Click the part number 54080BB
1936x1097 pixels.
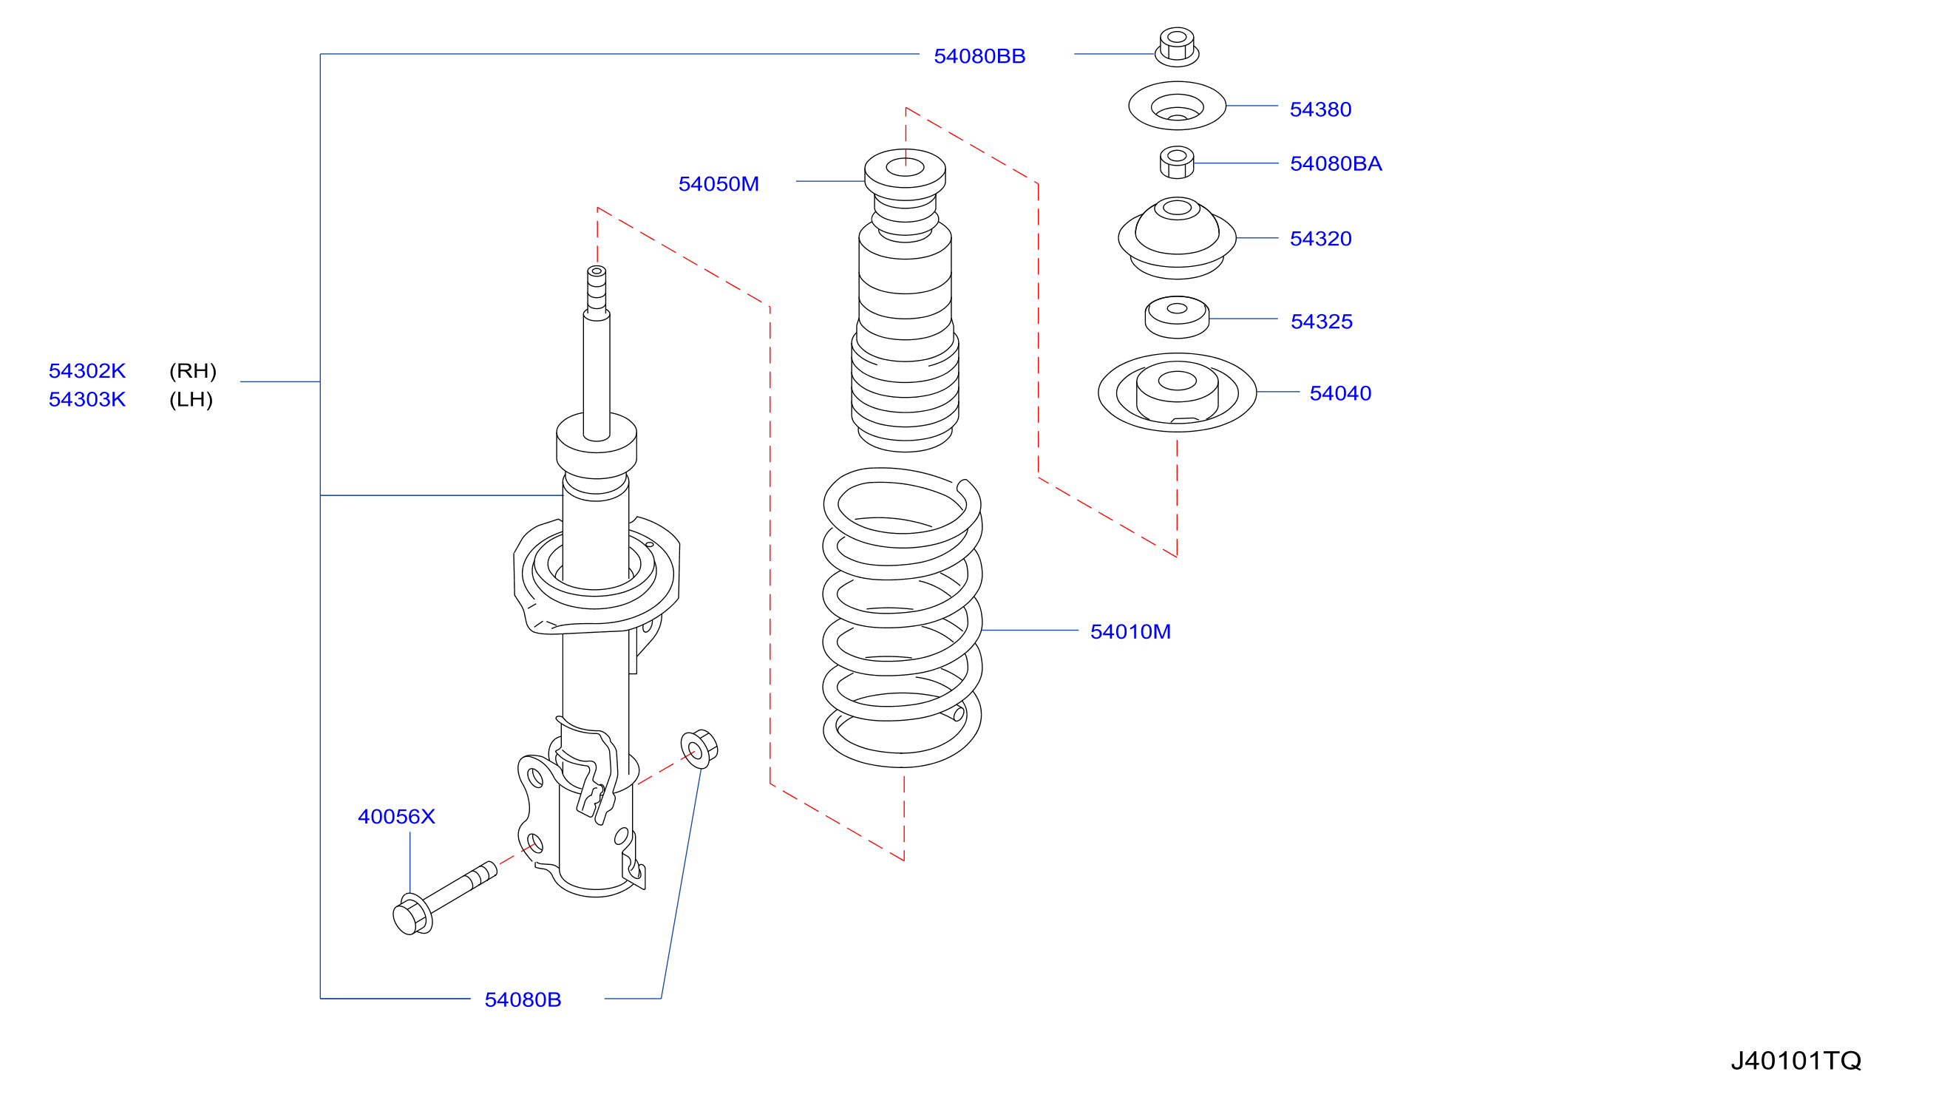coord(979,56)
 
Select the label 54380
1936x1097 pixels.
coord(1320,110)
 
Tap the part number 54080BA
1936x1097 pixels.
coord(1336,164)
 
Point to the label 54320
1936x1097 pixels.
coord(1320,239)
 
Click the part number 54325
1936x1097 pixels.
coord(1321,322)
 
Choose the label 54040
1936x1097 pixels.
coord(1340,393)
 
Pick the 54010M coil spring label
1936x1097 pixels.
coord(1130,631)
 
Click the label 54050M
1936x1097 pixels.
coord(719,184)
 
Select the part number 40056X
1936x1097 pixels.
coord(396,817)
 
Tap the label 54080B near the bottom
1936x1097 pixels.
coord(523,1000)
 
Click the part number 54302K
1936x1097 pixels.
coord(87,370)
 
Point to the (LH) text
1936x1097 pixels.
coord(191,400)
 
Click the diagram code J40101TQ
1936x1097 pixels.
coord(1795,1061)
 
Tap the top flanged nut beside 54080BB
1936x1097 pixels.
coord(1177,47)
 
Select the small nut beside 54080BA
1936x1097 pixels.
coord(1177,162)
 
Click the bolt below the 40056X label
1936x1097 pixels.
coord(444,898)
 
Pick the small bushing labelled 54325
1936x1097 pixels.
coord(1177,317)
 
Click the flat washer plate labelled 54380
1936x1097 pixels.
coord(1177,106)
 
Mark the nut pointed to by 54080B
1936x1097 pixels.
coord(699,749)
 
